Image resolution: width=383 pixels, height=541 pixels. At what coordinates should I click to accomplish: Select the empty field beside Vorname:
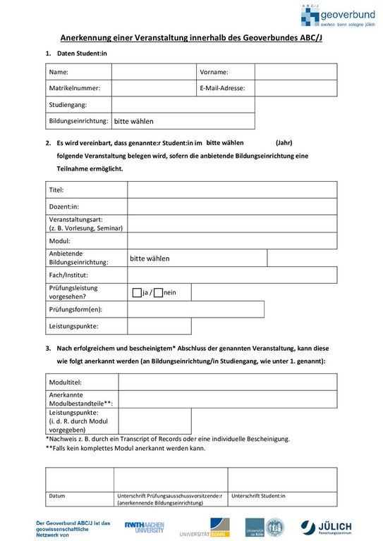(x=296, y=72)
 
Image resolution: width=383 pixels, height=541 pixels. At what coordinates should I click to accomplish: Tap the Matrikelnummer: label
(x=75, y=88)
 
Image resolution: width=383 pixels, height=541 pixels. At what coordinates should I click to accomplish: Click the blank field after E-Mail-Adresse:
(x=296, y=88)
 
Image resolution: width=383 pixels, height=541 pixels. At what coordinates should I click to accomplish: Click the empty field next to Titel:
(x=231, y=190)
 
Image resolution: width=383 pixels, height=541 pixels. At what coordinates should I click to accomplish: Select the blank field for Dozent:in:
(x=231, y=206)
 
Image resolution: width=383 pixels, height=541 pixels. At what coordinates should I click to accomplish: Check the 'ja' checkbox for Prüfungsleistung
(x=137, y=292)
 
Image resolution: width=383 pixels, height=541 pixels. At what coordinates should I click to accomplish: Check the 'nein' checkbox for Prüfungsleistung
(x=158, y=292)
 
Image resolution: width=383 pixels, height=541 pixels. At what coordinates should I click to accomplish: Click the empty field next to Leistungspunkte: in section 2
(x=231, y=327)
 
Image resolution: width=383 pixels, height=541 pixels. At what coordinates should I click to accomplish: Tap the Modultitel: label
(x=66, y=382)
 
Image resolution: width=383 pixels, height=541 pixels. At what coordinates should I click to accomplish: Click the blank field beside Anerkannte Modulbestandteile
(x=227, y=399)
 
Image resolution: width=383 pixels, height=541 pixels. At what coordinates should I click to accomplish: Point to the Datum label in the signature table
(x=57, y=496)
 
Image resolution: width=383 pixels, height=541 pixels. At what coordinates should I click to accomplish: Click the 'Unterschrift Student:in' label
(x=258, y=496)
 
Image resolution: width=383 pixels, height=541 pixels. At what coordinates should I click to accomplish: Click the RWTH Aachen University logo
(x=145, y=528)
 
